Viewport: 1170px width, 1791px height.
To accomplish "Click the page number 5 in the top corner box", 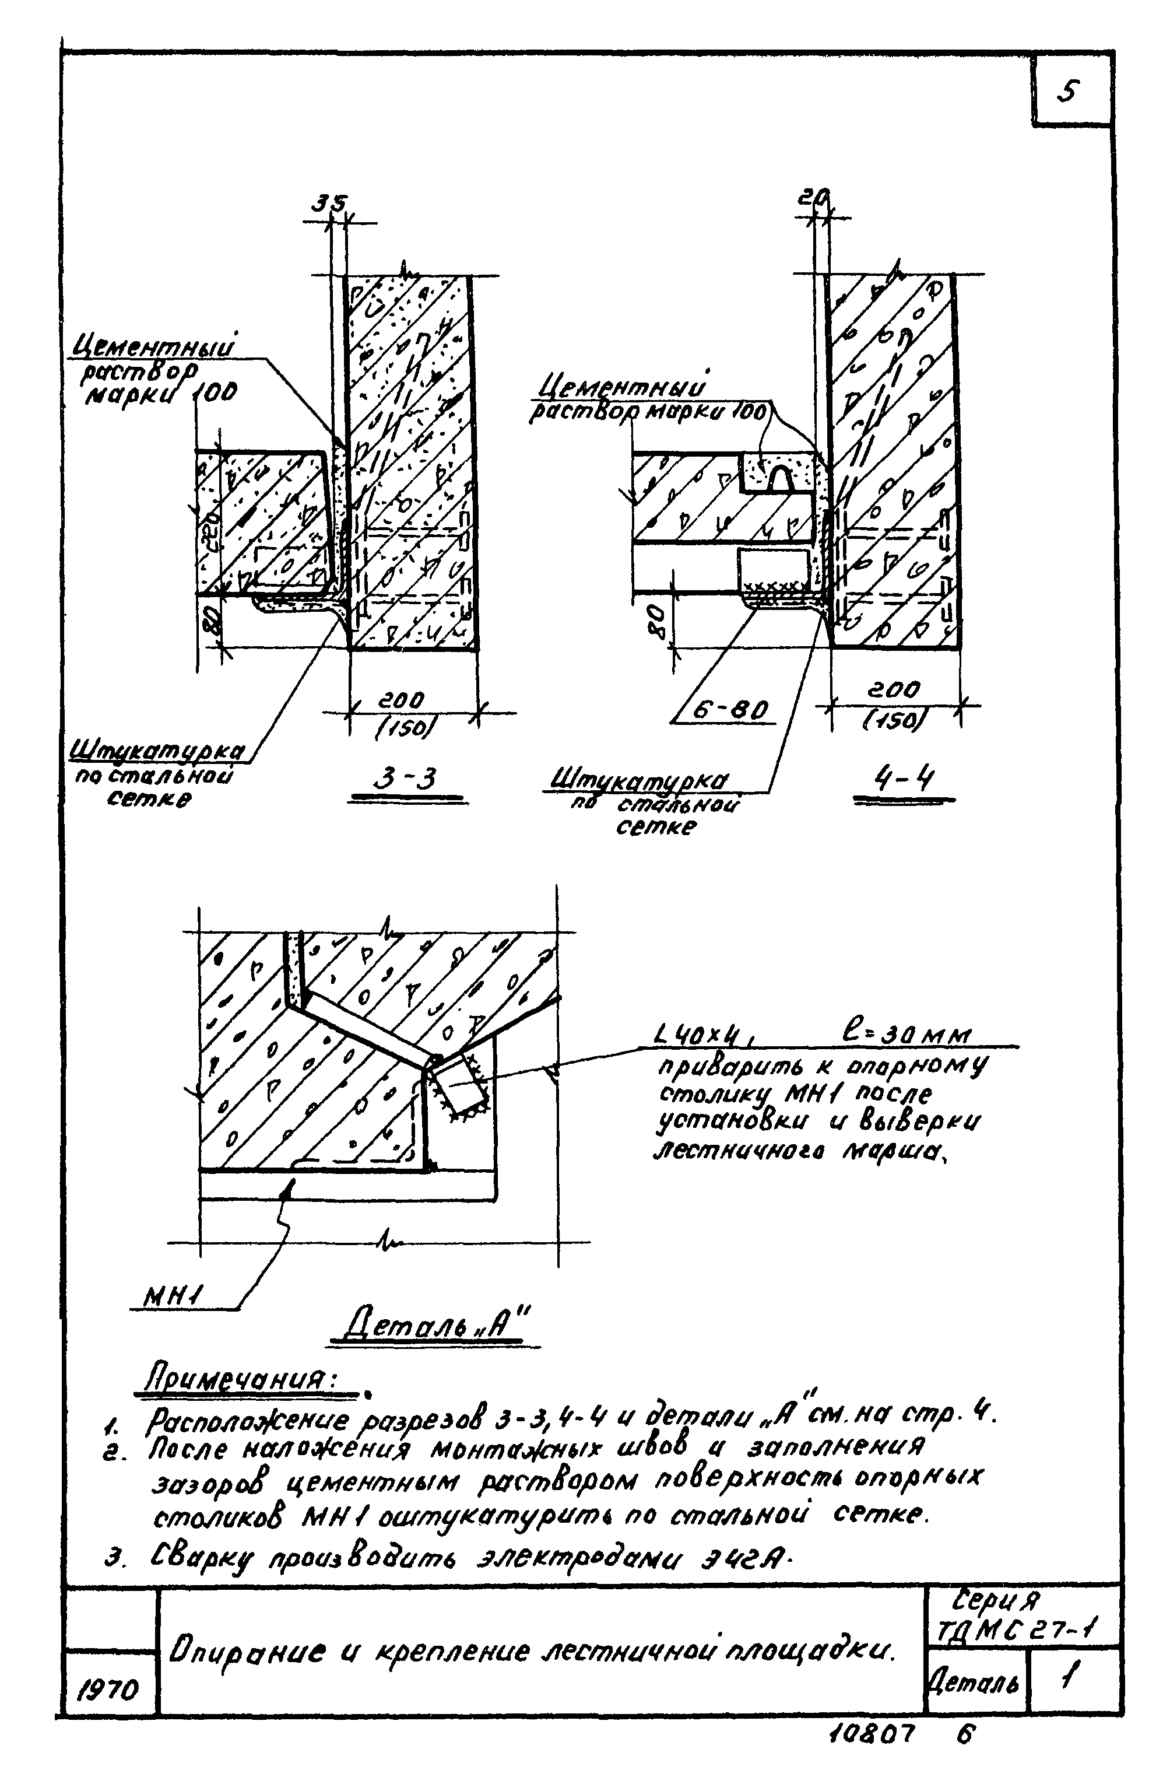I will [x=1069, y=93].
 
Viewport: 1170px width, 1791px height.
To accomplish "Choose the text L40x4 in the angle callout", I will [x=705, y=1036].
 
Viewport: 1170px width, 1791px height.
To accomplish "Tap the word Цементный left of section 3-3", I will [x=151, y=348].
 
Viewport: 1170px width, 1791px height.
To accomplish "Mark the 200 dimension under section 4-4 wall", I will [x=893, y=689].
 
